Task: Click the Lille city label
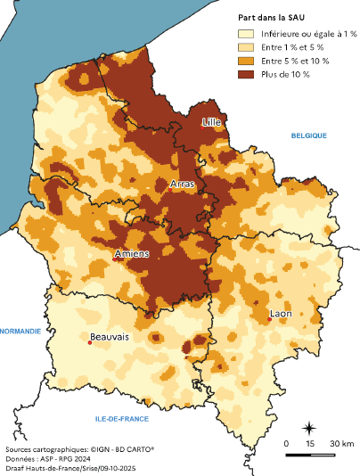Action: pos(211,121)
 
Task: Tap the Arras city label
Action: pos(181,184)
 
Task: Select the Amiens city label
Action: pos(132,255)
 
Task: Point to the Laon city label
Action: pos(281,313)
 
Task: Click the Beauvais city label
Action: pos(109,337)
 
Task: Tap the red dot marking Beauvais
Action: pos(90,343)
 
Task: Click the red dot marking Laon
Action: pos(270,319)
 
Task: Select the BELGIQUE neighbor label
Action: pos(308,135)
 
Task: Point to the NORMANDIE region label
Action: pos(20,331)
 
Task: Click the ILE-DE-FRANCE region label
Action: pos(122,418)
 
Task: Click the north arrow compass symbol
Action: pos(308,428)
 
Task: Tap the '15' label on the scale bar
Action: pos(309,443)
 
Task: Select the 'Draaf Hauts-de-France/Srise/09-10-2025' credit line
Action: pos(70,469)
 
